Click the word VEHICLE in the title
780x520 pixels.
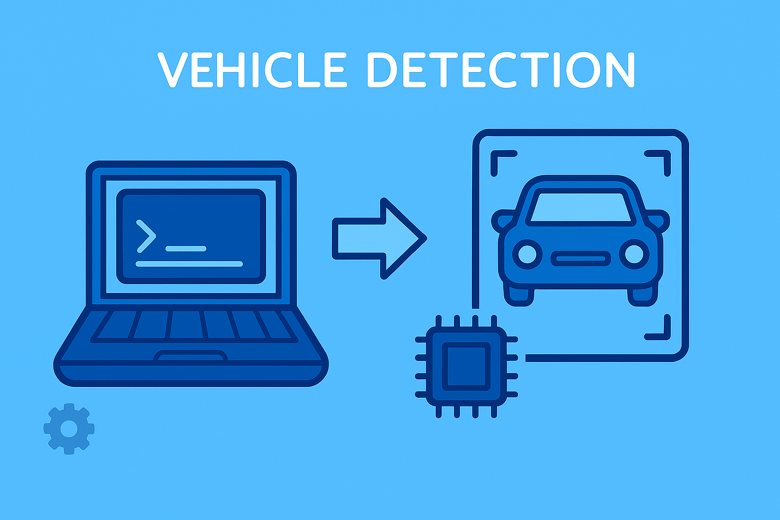[252, 70]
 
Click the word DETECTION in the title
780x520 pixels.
[501, 70]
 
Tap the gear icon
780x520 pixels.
[69, 429]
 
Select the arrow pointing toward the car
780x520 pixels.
[379, 239]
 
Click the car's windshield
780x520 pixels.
[580, 207]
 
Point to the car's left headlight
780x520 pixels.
[527, 254]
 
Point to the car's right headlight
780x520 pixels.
[634, 254]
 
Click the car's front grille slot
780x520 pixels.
[580, 258]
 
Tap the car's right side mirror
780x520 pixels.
[658, 221]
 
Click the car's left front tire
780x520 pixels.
[519, 296]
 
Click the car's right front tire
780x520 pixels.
[642, 296]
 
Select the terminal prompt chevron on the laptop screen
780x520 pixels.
[146, 236]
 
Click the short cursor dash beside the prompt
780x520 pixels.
[186, 249]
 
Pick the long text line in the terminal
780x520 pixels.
[189, 264]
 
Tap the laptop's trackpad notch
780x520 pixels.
[190, 356]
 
